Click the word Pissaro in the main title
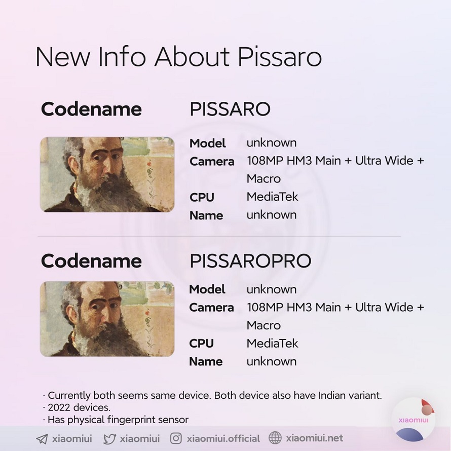point(279,57)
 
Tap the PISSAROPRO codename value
point(250,261)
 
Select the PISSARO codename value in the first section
point(230,109)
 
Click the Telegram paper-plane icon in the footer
point(42,439)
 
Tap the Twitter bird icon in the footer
point(109,439)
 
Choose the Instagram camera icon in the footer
point(176,438)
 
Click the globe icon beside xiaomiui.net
point(275,438)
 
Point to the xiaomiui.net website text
point(314,438)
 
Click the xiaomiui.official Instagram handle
point(223,438)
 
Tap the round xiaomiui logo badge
point(414,420)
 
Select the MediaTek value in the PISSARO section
point(272,197)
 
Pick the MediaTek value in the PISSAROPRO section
point(272,344)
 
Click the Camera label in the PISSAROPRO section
point(211,308)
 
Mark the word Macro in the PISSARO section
point(264,179)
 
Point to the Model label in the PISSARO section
point(207,143)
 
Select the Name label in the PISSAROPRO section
point(206,361)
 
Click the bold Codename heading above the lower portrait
point(91,261)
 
